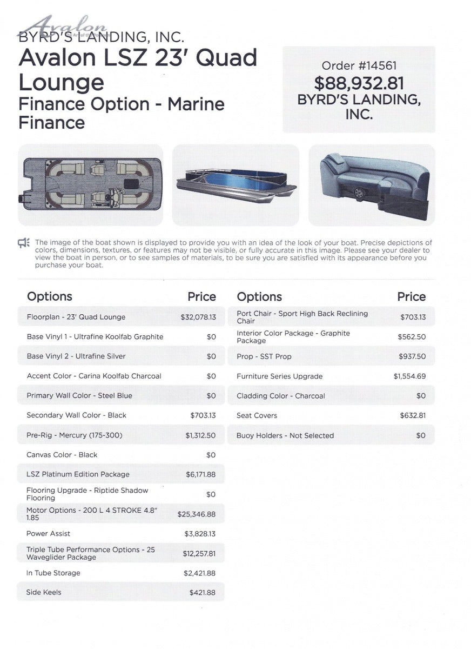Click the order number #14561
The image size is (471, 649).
[x=359, y=66]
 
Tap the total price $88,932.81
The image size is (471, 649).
[x=359, y=83]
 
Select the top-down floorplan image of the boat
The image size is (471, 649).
[x=90, y=185]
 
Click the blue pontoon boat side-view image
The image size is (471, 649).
[x=235, y=185]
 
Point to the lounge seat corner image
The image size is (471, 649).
[x=372, y=185]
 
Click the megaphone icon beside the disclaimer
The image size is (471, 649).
[x=24, y=243]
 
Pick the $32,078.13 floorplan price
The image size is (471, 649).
[x=198, y=317]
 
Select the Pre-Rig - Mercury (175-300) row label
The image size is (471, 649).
[x=75, y=435]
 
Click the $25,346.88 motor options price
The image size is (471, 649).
[x=196, y=514]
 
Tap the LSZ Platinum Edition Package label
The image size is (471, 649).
[x=78, y=474]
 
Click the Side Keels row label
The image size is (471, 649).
[x=44, y=593]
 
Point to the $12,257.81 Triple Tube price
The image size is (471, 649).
[x=199, y=554]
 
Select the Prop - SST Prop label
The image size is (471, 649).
[x=264, y=357]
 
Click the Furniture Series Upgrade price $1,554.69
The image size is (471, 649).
[x=409, y=376]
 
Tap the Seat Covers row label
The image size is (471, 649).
[x=257, y=416]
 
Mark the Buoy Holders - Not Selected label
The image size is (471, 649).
[x=285, y=436]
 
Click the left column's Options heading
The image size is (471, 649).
[x=49, y=296]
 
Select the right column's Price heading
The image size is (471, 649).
[x=411, y=297]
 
